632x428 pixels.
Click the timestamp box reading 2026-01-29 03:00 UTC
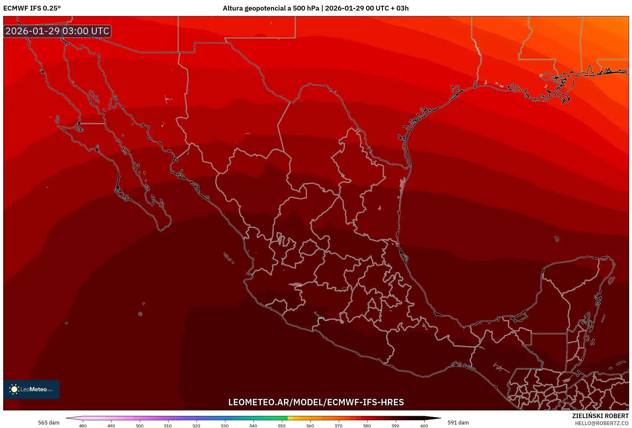pyautogui.click(x=57, y=31)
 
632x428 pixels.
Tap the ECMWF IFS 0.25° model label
pyautogui.click(x=32, y=8)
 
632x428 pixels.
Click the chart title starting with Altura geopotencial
pyautogui.click(x=316, y=8)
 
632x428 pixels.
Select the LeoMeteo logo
pyautogui.click(x=31, y=389)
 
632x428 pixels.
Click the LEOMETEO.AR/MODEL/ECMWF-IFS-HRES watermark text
pyautogui.click(x=316, y=402)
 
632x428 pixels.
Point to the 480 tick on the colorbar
pyautogui.click(x=83, y=425)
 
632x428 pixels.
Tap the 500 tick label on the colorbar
pyautogui.click(x=140, y=425)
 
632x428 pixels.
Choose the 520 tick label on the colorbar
pyautogui.click(x=196, y=425)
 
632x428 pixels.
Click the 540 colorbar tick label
pyautogui.click(x=253, y=425)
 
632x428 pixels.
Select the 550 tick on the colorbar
pyautogui.click(x=282, y=425)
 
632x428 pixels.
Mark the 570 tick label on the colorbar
pyautogui.click(x=339, y=425)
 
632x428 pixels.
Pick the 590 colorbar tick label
pyautogui.click(x=395, y=425)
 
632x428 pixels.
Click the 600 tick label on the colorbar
pyautogui.click(x=424, y=425)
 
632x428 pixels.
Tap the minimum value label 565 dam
pyautogui.click(x=49, y=423)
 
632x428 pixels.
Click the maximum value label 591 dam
pyautogui.click(x=458, y=423)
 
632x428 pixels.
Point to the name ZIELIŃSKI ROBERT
pyautogui.click(x=600, y=416)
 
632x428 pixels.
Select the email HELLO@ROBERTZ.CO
pyautogui.click(x=602, y=423)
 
